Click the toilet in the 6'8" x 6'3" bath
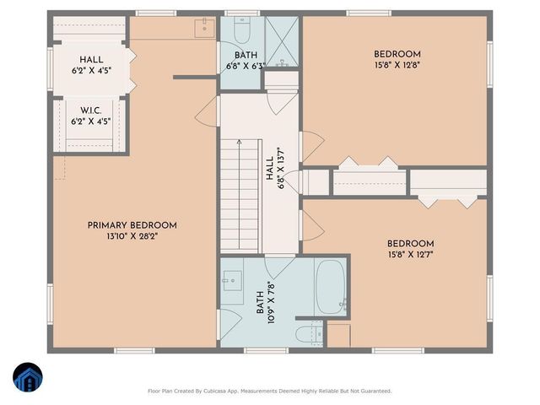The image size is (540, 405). pos(242,33)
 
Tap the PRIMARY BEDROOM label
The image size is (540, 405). pos(132,225)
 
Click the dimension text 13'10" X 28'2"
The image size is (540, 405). pos(132,237)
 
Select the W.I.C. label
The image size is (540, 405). pos(91,111)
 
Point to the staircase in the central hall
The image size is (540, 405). pos(238,194)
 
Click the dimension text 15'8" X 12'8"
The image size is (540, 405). pos(397,67)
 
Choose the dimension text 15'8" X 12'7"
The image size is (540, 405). pos(410,254)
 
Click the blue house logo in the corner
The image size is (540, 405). pos(26,377)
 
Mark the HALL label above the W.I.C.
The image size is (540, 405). pos(91,60)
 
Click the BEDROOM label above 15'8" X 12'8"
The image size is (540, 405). pos(397,55)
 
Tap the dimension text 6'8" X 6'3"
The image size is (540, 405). pos(242,66)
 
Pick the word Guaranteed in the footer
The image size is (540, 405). pos(372,391)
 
